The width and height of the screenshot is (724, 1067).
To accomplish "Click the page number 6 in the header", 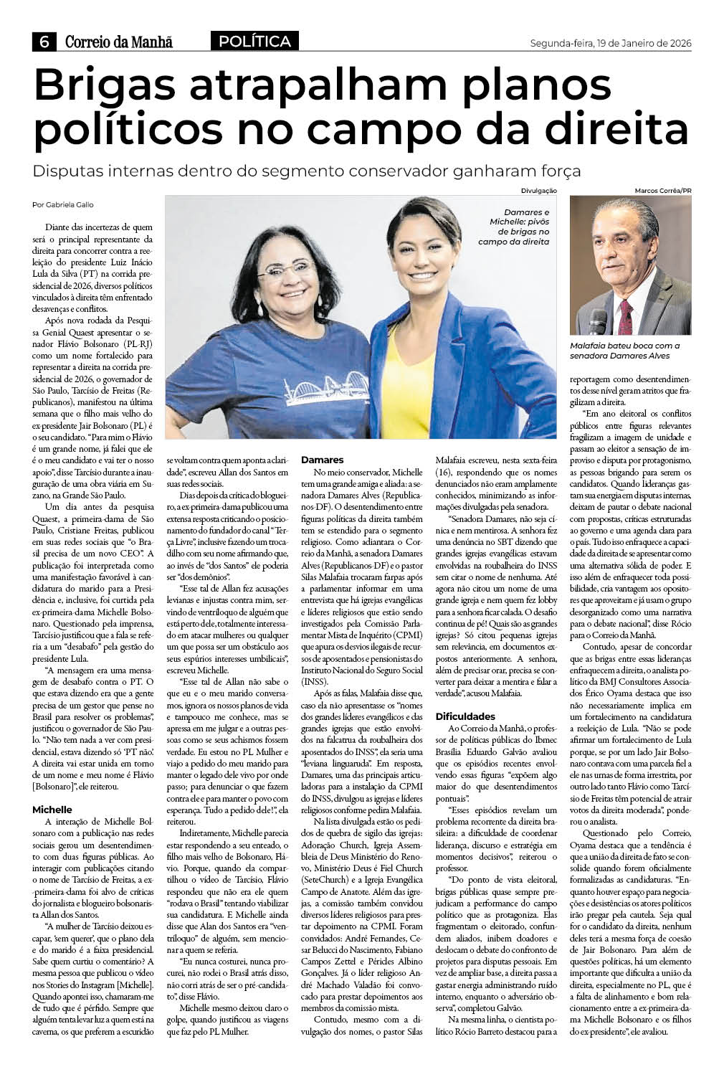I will point(44,42).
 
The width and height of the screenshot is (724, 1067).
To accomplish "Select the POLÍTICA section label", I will point(254,42).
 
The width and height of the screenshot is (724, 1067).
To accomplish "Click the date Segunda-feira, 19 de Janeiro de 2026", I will point(609,42).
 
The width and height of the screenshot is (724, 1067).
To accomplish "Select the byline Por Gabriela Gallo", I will point(62,204).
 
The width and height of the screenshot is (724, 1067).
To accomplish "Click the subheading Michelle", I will point(52,809).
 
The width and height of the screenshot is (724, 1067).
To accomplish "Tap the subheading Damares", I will point(323,459).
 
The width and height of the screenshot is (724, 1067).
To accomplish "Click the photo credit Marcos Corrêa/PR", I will point(663,191).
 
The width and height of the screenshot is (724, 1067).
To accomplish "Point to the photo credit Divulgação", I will point(539,191).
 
